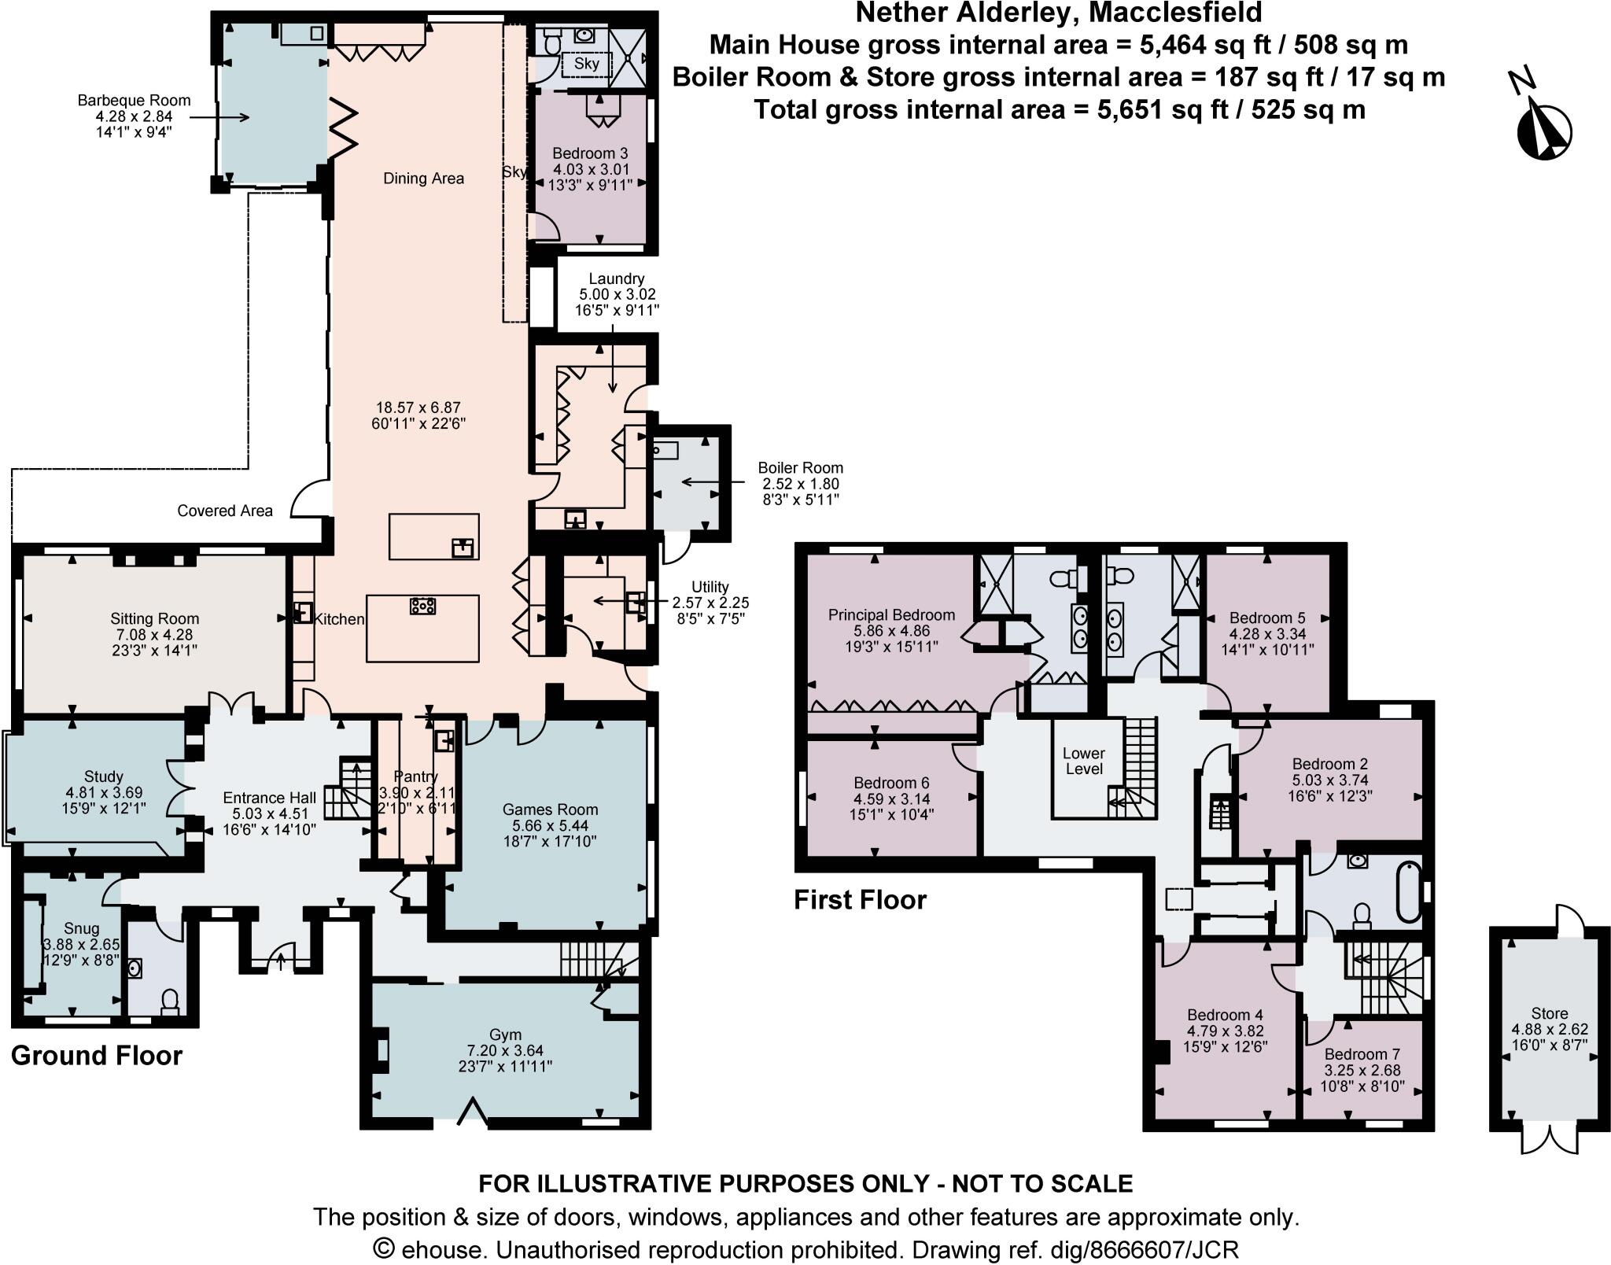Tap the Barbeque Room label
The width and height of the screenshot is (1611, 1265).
pyautogui.click(x=134, y=101)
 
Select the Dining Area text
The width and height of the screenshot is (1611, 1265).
pyautogui.click(x=423, y=179)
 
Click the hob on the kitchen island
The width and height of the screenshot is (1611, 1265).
pyautogui.click(x=423, y=606)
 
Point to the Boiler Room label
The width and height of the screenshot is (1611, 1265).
pyautogui.click(x=800, y=468)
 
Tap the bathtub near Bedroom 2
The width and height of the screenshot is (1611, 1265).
pyautogui.click(x=1409, y=893)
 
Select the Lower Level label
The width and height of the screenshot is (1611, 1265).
pyautogui.click(x=1083, y=761)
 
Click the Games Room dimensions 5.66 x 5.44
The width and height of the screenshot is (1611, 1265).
pyautogui.click(x=550, y=825)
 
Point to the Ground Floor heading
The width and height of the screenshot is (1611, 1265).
pyautogui.click(x=97, y=1055)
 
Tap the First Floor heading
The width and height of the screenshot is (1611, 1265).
pyautogui.click(x=860, y=899)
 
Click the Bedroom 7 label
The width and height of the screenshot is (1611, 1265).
pyautogui.click(x=1362, y=1054)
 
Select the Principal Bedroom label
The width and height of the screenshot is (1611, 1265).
pyautogui.click(x=891, y=615)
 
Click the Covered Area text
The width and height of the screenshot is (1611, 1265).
pyautogui.click(x=225, y=511)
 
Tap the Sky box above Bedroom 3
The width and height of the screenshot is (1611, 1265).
pyautogui.click(x=586, y=64)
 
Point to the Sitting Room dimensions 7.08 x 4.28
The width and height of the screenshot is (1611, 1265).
pyautogui.click(x=154, y=635)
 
